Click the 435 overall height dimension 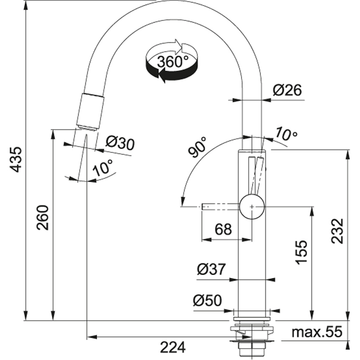pyautogui.click(x=15, y=159)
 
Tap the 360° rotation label pyautogui.click(x=172, y=62)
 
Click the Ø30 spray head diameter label pyautogui.click(x=120, y=144)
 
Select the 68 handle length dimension pyautogui.click(x=223, y=229)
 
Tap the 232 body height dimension pyautogui.click(x=337, y=231)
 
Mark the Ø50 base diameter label pyautogui.click(x=208, y=300)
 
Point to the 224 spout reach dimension pyautogui.click(x=172, y=347)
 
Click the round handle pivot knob pyautogui.click(x=252, y=206)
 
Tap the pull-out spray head pyautogui.click(x=90, y=111)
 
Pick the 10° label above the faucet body pyautogui.click(x=286, y=134)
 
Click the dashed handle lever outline pyautogui.click(x=220, y=206)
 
